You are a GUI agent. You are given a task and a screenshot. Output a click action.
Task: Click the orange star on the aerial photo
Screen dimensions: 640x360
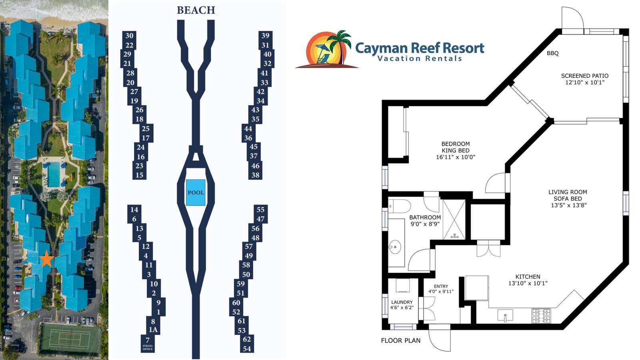[x=46, y=258]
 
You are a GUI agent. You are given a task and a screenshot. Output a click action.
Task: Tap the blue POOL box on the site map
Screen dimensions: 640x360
[x=196, y=192]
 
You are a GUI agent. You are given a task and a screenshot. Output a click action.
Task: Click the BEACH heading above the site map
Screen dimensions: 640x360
[x=196, y=10]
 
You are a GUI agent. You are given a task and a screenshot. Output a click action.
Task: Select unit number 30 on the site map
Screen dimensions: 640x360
[x=129, y=36]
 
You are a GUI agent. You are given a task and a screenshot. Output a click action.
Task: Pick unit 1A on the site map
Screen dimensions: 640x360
[x=153, y=330]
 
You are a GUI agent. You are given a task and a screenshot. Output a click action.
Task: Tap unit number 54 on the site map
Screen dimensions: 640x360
[x=247, y=348]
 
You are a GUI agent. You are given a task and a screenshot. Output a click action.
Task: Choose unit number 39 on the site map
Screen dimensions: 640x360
[x=266, y=36]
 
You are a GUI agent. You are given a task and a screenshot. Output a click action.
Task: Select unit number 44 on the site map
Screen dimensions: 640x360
[x=248, y=128]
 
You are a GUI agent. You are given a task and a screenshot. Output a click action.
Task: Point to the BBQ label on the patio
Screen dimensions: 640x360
[x=552, y=53]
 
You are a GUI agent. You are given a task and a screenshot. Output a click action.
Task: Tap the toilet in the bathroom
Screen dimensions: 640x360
[x=399, y=206]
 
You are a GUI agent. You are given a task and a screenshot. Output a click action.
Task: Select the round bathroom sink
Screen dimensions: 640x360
[x=395, y=246]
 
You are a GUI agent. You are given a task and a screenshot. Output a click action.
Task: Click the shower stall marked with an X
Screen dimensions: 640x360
[x=454, y=220]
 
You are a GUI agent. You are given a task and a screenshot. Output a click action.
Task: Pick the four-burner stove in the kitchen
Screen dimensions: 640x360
[x=541, y=316]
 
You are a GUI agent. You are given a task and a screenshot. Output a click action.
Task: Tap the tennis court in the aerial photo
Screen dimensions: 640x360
[x=70, y=338]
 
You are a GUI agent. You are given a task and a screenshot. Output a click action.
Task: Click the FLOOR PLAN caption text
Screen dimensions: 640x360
[x=400, y=340]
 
